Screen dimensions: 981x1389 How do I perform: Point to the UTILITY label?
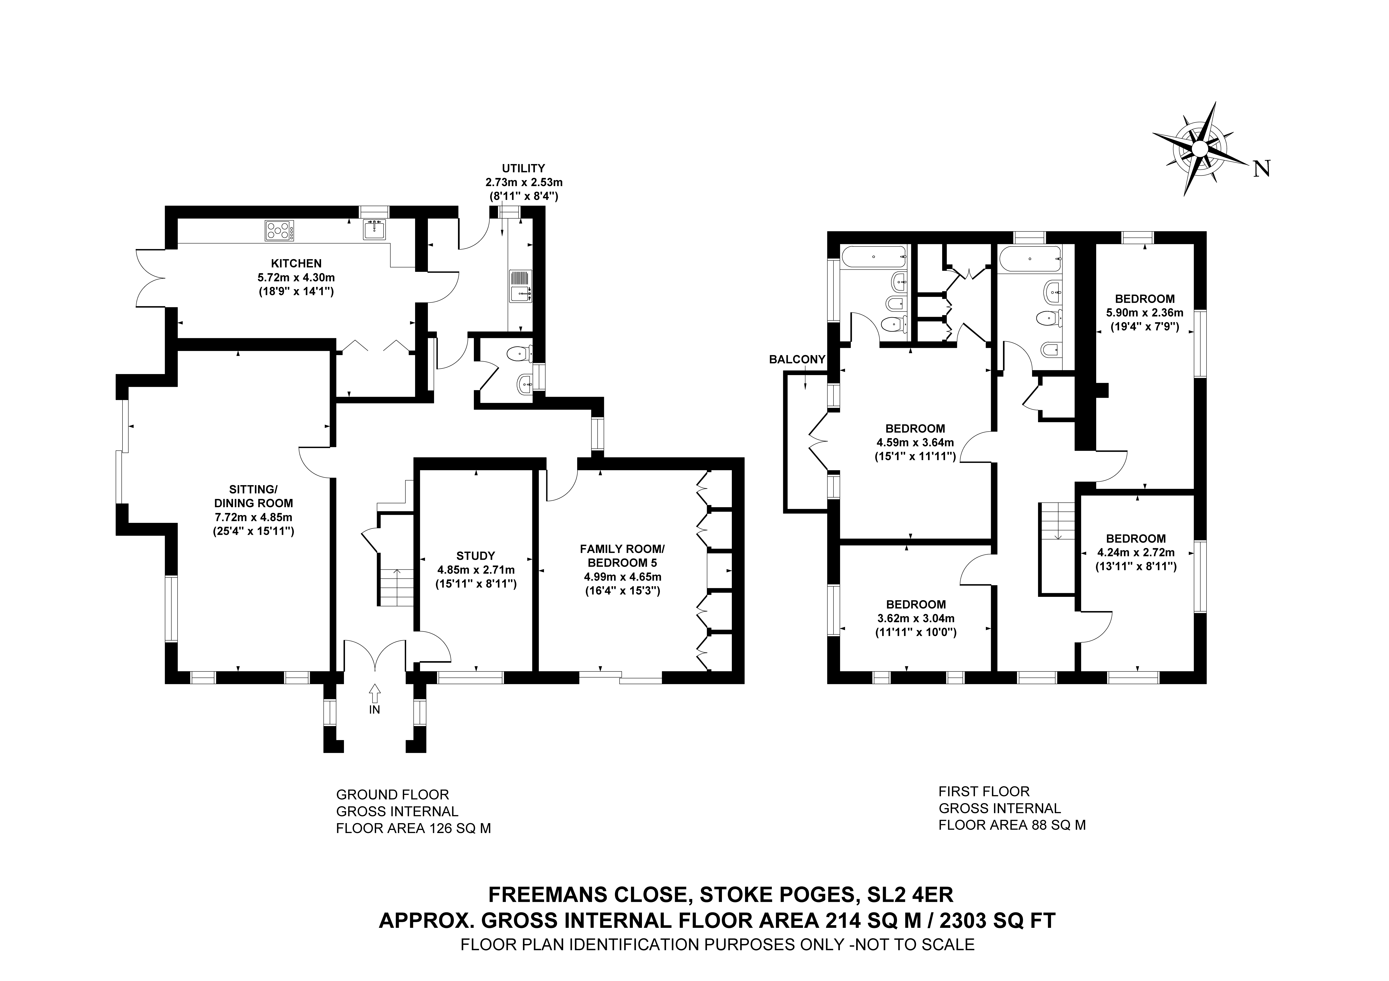tap(523, 168)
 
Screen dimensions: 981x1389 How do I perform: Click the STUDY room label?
tap(476, 555)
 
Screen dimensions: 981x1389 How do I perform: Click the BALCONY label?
tap(797, 359)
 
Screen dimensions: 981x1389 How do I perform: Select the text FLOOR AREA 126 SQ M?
tap(413, 828)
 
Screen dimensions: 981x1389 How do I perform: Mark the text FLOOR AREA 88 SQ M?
tap(1012, 825)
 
